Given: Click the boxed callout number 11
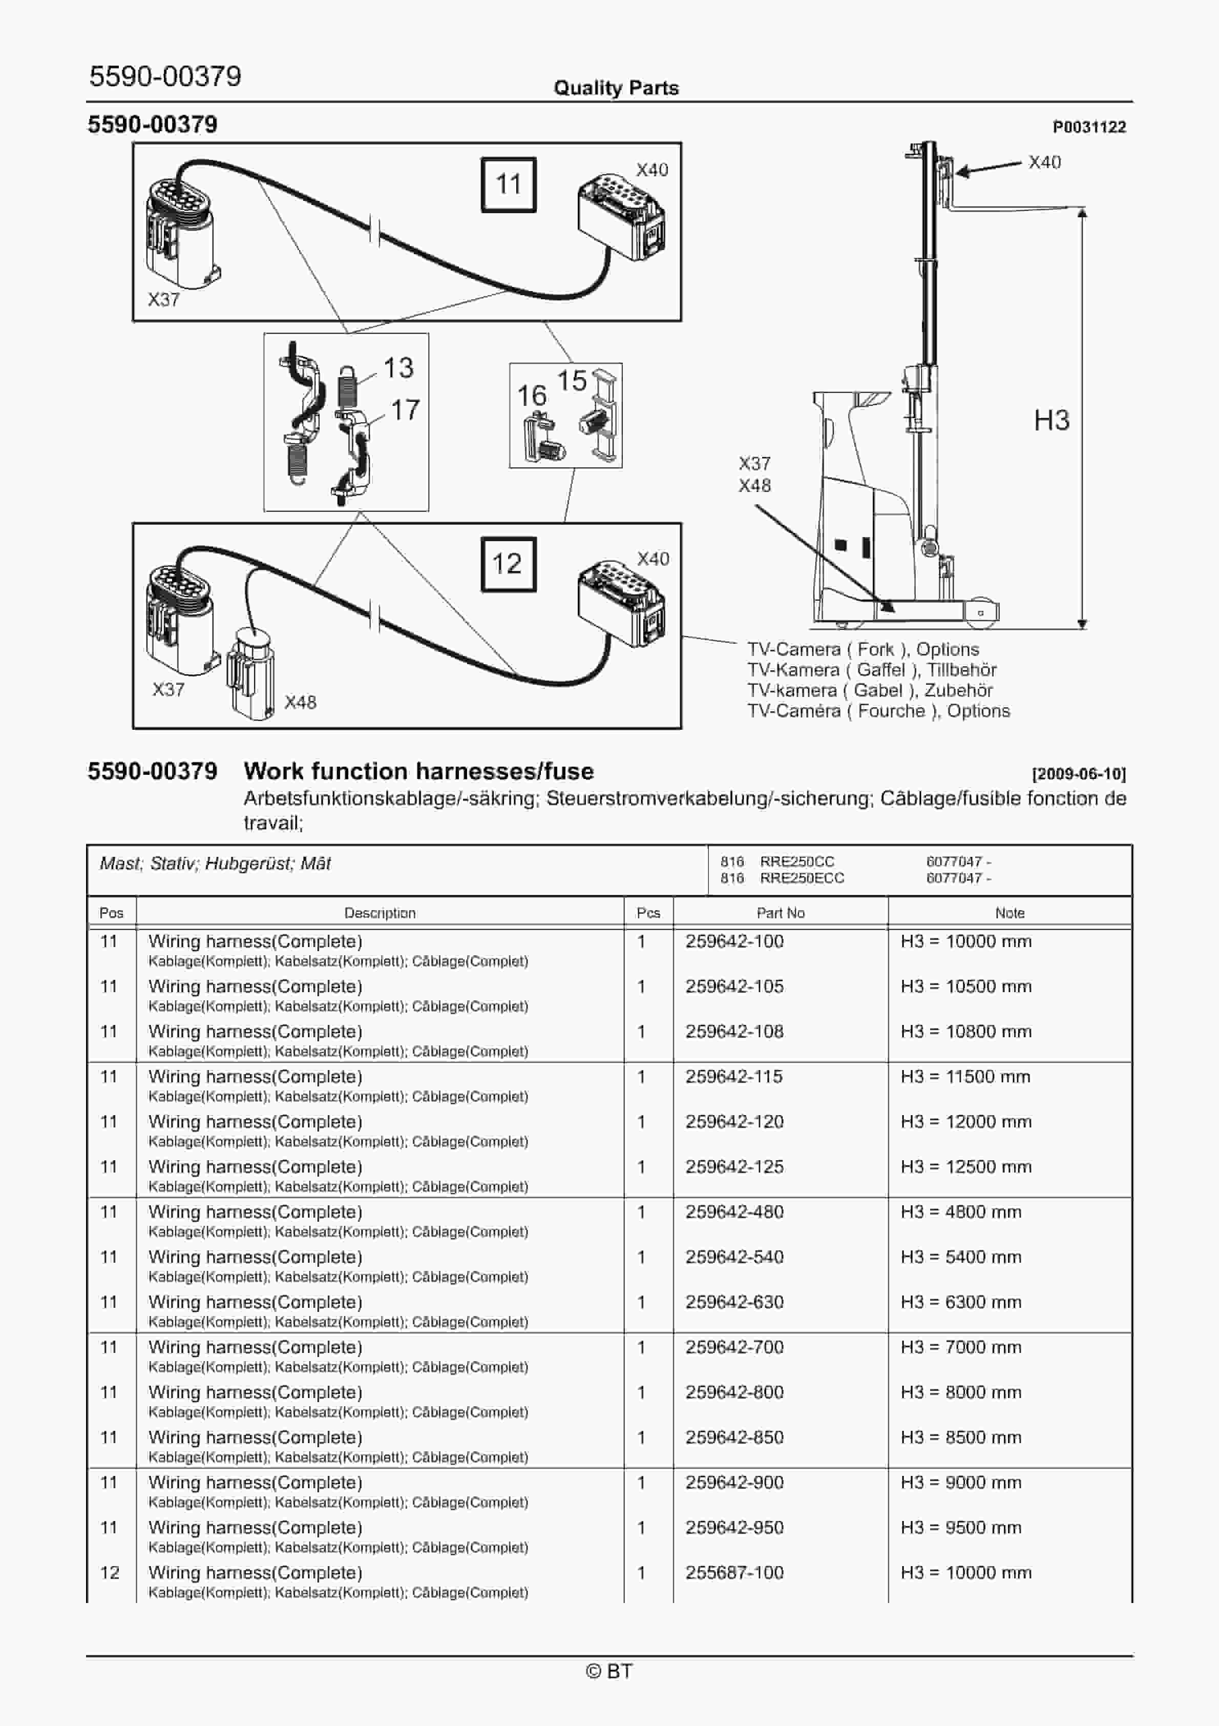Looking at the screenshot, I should pyautogui.click(x=508, y=184).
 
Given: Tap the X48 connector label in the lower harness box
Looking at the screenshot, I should pyautogui.click(x=300, y=702).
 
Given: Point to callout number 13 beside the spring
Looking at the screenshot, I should pyautogui.click(x=398, y=367).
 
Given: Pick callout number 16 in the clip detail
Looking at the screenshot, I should pyautogui.click(x=531, y=396).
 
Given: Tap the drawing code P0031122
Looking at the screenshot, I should pyautogui.click(x=1088, y=127).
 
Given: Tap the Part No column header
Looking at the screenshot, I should pyautogui.click(x=780, y=913).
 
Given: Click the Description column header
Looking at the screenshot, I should pyautogui.click(x=380, y=913).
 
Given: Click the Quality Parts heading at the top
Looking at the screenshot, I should pyautogui.click(x=616, y=88).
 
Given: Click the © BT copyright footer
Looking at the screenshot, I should pyautogui.click(x=609, y=1671).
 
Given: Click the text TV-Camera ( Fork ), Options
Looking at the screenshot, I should pyautogui.click(x=863, y=649).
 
